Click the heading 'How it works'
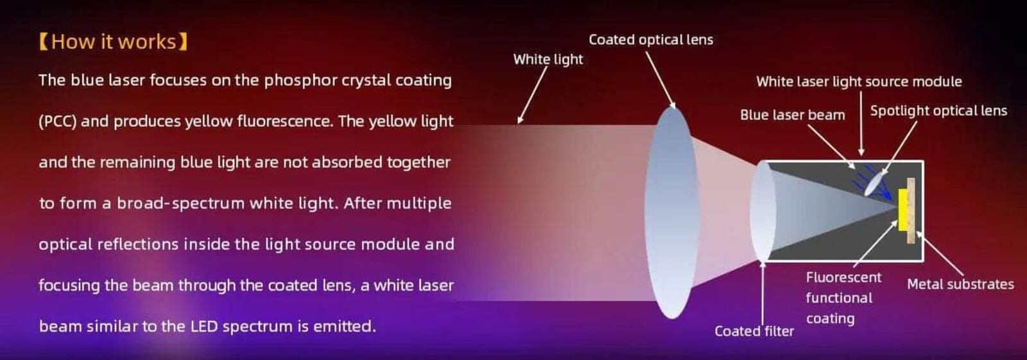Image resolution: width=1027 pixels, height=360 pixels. tap(113, 42)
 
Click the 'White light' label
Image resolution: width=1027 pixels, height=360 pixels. tap(548, 59)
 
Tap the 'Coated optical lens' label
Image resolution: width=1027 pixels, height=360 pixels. tap(650, 40)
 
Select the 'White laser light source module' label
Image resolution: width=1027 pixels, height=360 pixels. tap(858, 81)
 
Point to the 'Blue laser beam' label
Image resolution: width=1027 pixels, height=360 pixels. tap(792, 115)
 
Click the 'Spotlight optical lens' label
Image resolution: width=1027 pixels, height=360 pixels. tap(938, 110)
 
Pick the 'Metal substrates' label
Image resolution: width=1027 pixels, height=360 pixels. tap(960, 284)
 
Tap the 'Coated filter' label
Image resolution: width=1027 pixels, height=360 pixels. tap(754, 331)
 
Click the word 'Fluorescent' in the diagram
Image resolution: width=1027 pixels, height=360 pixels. tap(843, 277)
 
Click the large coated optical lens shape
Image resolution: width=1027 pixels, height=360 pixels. tap(671, 212)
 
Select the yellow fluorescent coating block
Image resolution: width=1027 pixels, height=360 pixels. tap(902, 209)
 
